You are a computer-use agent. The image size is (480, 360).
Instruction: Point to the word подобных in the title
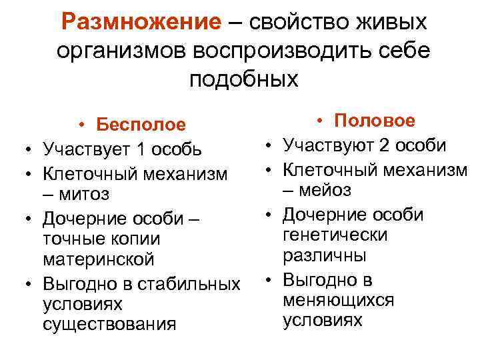tap(243, 79)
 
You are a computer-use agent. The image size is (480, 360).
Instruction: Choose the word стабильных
tap(187, 283)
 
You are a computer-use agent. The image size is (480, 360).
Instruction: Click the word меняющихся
tap(339, 300)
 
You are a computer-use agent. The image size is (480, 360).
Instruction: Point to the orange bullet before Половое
tap(321, 121)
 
